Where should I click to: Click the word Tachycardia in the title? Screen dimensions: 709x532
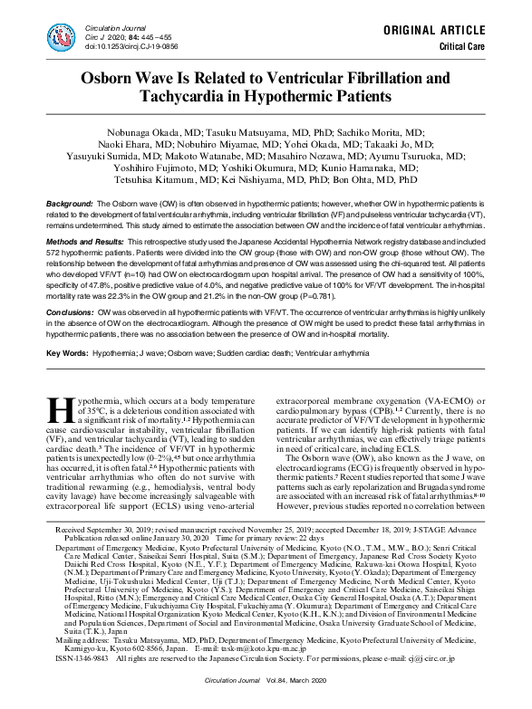tap(185, 95)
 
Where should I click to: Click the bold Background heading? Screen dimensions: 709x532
tap(69, 206)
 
